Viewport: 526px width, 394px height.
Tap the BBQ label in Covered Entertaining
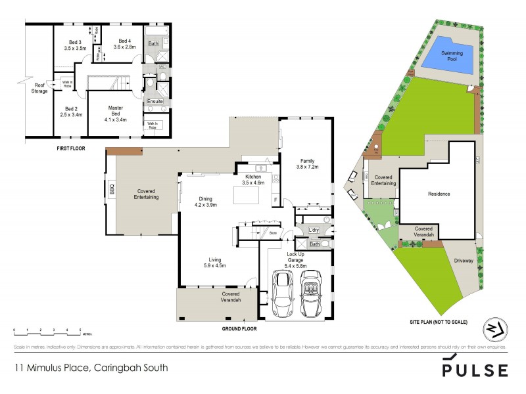click(112, 189)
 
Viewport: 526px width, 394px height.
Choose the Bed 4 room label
click(123, 43)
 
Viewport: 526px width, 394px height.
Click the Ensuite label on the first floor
click(155, 101)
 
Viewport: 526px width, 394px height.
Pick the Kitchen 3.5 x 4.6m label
click(254, 180)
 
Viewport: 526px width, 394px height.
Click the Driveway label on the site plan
click(464, 261)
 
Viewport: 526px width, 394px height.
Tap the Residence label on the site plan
click(439, 194)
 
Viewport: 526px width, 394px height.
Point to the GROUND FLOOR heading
click(239, 328)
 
